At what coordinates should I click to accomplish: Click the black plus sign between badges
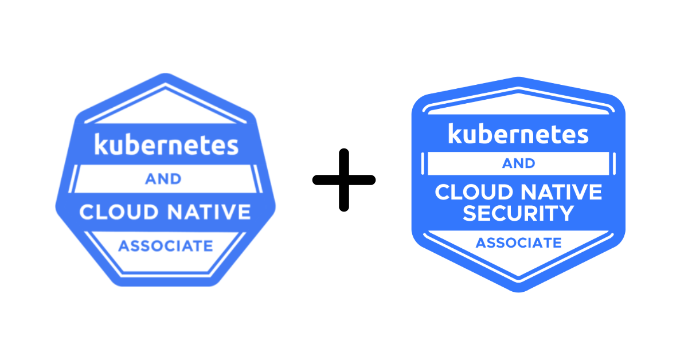click(344, 180)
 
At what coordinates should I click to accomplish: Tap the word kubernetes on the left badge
click(166, 144)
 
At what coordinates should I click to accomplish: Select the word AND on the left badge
click(163, 179)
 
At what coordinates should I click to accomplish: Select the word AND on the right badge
click(518, 163)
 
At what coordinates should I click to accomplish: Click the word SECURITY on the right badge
click(518, 213)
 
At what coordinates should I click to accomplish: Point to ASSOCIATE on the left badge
click(165, 246)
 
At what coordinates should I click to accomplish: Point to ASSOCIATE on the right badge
click(518, 242)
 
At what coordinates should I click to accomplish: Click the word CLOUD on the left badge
click(118, 212)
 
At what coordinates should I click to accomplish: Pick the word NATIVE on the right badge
click(562, 192)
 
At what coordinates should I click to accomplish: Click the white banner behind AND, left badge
click(103, 179)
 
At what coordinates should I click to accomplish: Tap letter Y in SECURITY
click(565, 213)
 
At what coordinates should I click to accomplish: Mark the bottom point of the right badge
click(518, 290)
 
